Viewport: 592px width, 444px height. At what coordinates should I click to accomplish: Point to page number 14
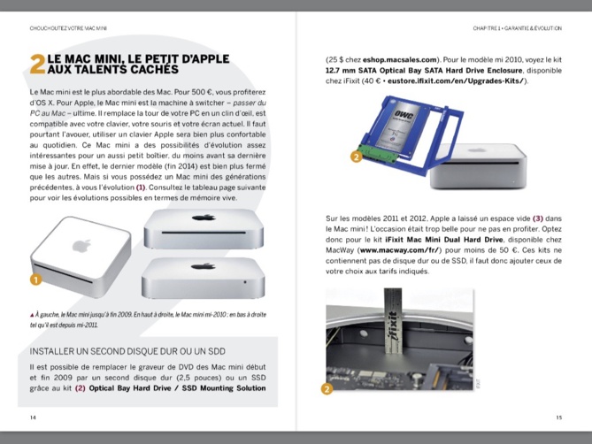coord(34,417)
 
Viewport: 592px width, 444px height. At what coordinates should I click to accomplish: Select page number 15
coord(558,417)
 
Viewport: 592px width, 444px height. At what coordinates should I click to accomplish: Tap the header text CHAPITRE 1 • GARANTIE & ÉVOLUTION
coord(518,28)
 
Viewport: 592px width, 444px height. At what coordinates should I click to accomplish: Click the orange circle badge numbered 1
coord(36,279)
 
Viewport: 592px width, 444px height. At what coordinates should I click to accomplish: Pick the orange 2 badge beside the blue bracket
coord(356,157)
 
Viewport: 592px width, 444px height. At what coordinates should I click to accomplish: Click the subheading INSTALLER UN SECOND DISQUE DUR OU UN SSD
coord(115,351)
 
